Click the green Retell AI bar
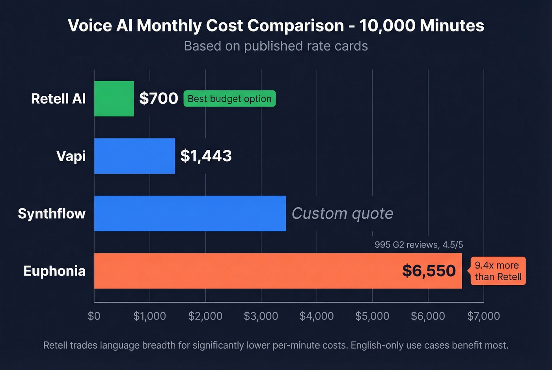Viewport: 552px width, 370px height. pyautogui.click(x=114, y=99)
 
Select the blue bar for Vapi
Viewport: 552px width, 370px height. pyautogui.click(x=134, y=156)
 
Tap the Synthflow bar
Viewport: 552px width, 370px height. pyautogui.click(x=190, y=214)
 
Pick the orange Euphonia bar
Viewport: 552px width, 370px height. pyautogui.click(x=244, y=271)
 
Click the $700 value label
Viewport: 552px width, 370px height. pyautogui.click(x=159, y=99)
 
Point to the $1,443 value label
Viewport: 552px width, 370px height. pyautogui.click(x=206, y=156)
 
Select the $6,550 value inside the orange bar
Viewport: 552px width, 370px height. pyautogui.click(x=429, y=271)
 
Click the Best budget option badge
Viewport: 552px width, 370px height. pyautogui.click(x=229, y=99)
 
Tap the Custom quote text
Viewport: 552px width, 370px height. pyautogui.click(x=342, y=214)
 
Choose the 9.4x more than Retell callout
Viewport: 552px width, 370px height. pyautogui.click(x=498, y=271)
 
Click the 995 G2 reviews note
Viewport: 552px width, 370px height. pyautogui.click(x=419, y=245)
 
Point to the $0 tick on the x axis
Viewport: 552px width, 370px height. pyautogui.click(x=94, y=316)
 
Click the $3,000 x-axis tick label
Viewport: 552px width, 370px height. pyautogui.click(x=261, y=316)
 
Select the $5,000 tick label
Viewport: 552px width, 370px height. pyautogui.click(x=372, y=316)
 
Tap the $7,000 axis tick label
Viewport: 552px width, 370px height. pyautogui.click(x=483, y=316)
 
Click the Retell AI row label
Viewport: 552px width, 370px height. pyautogui.click(x=58, y=99)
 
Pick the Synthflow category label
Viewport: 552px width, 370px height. pyautogui.click(x=52, y=214)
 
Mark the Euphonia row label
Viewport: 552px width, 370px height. pyautogui.click(x=54, y=271)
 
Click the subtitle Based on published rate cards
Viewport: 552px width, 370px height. pyautogui.click(x=276, y=46)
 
